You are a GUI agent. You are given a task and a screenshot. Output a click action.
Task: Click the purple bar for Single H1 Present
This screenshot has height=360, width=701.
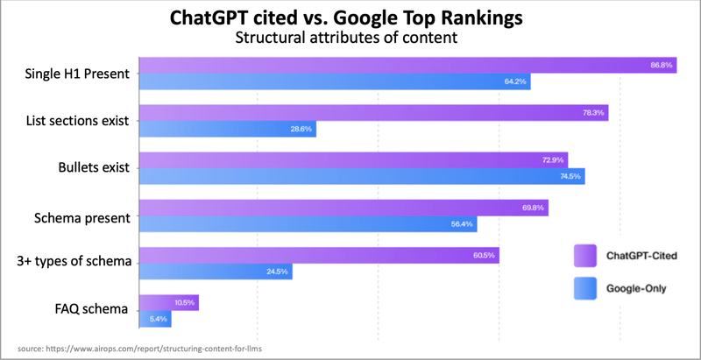[x=407, y=65]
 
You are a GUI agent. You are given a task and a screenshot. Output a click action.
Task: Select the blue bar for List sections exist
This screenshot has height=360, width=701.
[x=228, y=129]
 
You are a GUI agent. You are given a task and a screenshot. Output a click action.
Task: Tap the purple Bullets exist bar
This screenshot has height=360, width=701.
[x=354, y=160]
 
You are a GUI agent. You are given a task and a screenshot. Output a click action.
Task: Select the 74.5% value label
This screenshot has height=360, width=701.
[x=570, y=177]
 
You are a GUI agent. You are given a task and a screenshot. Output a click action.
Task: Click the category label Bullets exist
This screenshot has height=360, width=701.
[x=91, y=168]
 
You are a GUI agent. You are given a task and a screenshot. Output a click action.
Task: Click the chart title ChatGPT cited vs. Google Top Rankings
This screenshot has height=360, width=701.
[x=350, y=19]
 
